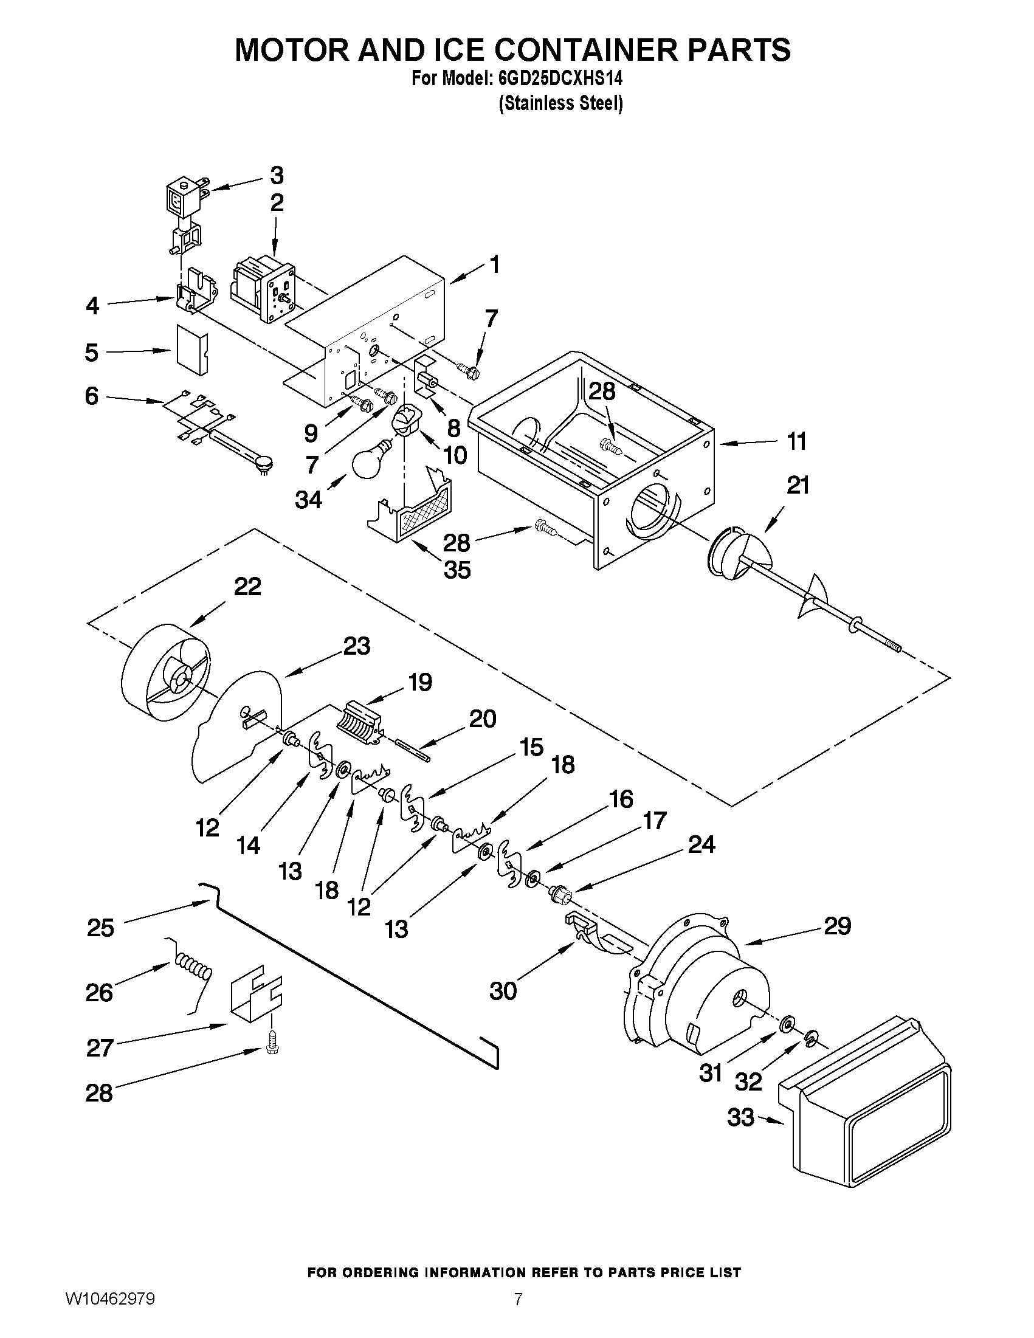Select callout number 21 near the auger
(x=798, y=486)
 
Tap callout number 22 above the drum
(x=247, y=586)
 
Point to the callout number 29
(x=837, y=926)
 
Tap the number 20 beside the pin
(x=482, y=719)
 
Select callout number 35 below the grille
(x=457, y=570)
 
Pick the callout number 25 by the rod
(x=100, y=928)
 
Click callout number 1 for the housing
(x=494, y=264)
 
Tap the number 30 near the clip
(x=503, y=991)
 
